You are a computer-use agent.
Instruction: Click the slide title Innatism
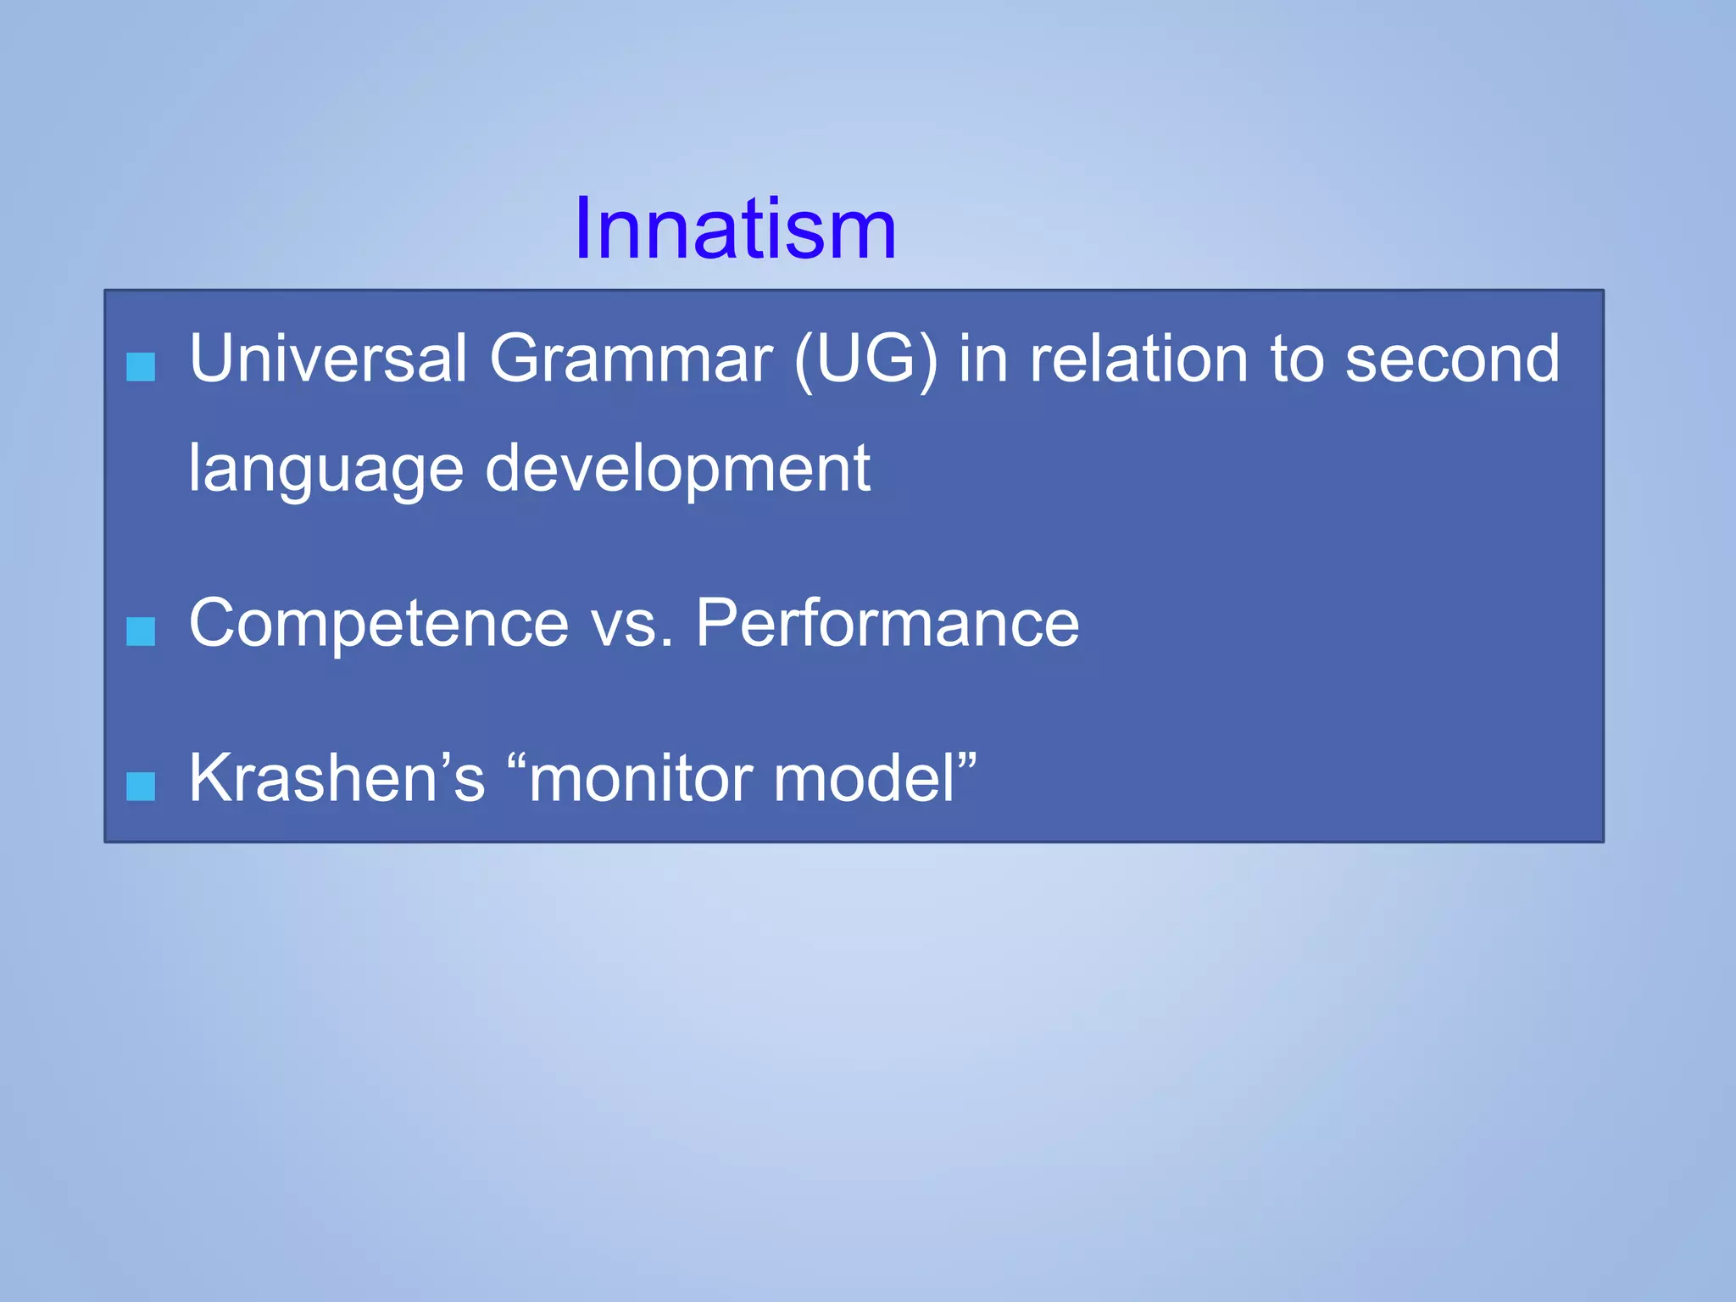(x=735, y=229)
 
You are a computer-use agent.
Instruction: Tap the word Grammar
(x=631, y=359)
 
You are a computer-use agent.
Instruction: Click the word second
(x=1451, y=359)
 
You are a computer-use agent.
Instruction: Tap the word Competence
(x=378, y=624)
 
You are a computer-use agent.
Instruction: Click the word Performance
(x=887, y=624)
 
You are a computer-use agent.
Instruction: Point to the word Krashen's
(x=337, y=778)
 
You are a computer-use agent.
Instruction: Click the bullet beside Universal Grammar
(x=141, y=367)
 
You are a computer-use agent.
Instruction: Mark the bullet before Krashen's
(x=141, y=787)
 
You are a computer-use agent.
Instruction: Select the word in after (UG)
(x=983, y=359)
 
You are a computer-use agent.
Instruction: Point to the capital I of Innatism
(x=585, y=229)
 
